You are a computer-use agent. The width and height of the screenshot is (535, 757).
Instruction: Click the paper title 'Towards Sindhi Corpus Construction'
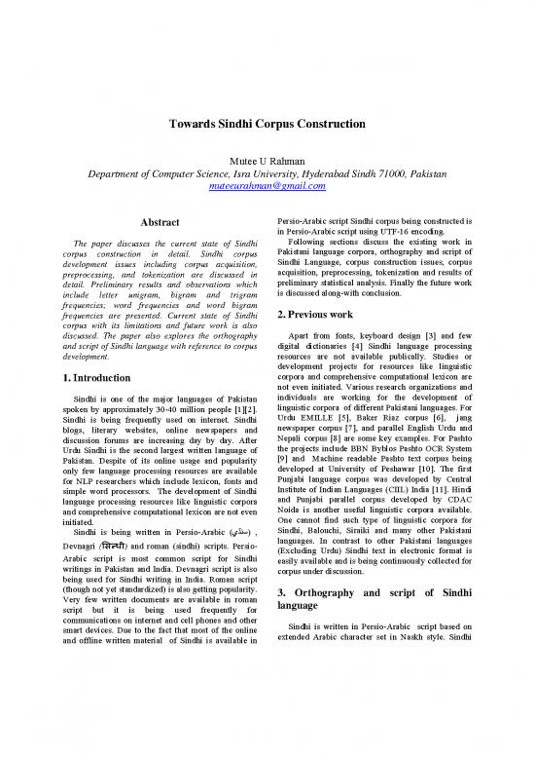coord(267,126)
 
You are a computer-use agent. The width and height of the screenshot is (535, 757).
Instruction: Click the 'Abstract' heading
coord(157,222)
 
